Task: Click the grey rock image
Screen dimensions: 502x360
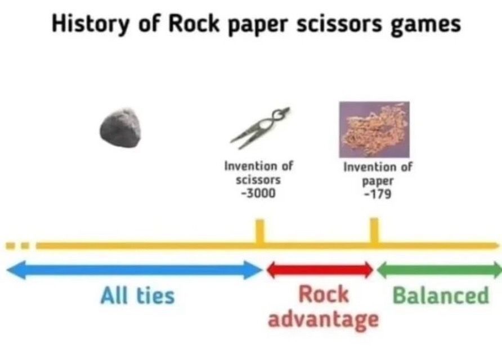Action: (120, 128)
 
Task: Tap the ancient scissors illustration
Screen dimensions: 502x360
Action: (260, 128)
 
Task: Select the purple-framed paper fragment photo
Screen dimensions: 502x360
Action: (374, 129)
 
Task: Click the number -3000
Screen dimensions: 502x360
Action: (258, 193)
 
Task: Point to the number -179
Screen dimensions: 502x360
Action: (378, 194)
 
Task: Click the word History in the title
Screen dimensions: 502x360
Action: (90, 24)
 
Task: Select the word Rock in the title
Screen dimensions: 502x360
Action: (194, 24)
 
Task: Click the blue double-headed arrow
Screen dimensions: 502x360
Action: (135, 270)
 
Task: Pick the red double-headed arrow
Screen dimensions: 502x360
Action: (320, 270)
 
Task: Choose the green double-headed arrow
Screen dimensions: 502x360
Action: (439, 270)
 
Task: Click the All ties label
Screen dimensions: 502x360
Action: (138, 295)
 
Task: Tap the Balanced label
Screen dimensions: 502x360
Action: (441, 295)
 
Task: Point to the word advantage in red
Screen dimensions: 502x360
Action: (324, 319)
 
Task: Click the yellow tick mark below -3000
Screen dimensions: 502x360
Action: (260, 231)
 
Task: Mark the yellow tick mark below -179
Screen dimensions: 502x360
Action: (374, 231)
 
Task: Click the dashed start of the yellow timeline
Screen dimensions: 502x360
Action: (17, 246)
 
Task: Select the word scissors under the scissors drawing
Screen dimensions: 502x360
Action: (258, 180)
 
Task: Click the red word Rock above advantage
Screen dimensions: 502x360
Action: (324, 294)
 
